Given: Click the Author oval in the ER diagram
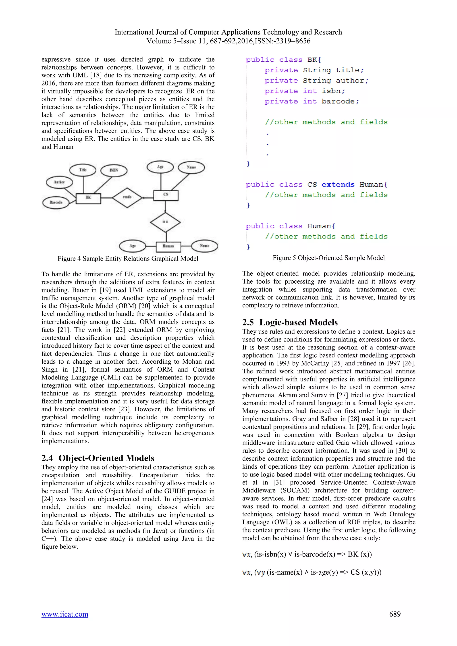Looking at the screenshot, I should [59, 182].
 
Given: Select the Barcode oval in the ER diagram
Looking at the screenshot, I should [56, 202].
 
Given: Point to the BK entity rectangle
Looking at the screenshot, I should [88, 198].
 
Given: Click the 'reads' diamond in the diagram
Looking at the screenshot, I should [127, 197].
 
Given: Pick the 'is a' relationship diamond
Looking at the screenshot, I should [165, 222].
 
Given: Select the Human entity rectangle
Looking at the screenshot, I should [168, 246].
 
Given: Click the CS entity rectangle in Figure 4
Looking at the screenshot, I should [166, 195].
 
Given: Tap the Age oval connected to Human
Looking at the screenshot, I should [132, 246].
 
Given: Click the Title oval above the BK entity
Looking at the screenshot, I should [83, 170].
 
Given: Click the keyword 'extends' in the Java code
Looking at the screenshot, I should [338, 184].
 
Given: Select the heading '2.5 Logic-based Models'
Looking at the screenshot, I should [290, 322].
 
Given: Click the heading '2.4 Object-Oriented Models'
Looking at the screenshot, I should [98, 458].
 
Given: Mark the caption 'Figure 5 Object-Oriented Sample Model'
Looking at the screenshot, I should [328, 258].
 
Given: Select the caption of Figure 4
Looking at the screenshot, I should [128, 259].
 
